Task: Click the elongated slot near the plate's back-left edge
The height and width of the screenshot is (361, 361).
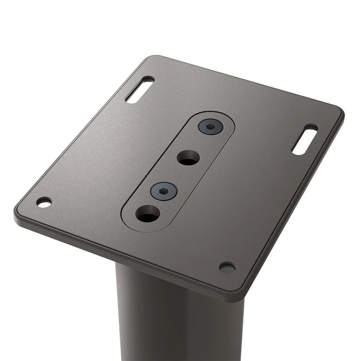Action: [140, 90]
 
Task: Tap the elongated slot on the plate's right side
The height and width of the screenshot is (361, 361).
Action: [305, 140]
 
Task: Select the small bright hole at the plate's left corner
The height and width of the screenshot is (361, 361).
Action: [44, 202]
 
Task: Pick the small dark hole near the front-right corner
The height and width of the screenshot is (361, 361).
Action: [227, 268]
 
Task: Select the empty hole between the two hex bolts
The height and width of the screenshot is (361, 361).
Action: [188, 158]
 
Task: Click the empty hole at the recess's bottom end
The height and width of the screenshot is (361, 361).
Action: [147, 214]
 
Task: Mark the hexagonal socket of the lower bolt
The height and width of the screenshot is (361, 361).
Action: [164, 191]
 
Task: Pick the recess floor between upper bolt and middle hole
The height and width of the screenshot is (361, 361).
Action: [199, 142]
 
